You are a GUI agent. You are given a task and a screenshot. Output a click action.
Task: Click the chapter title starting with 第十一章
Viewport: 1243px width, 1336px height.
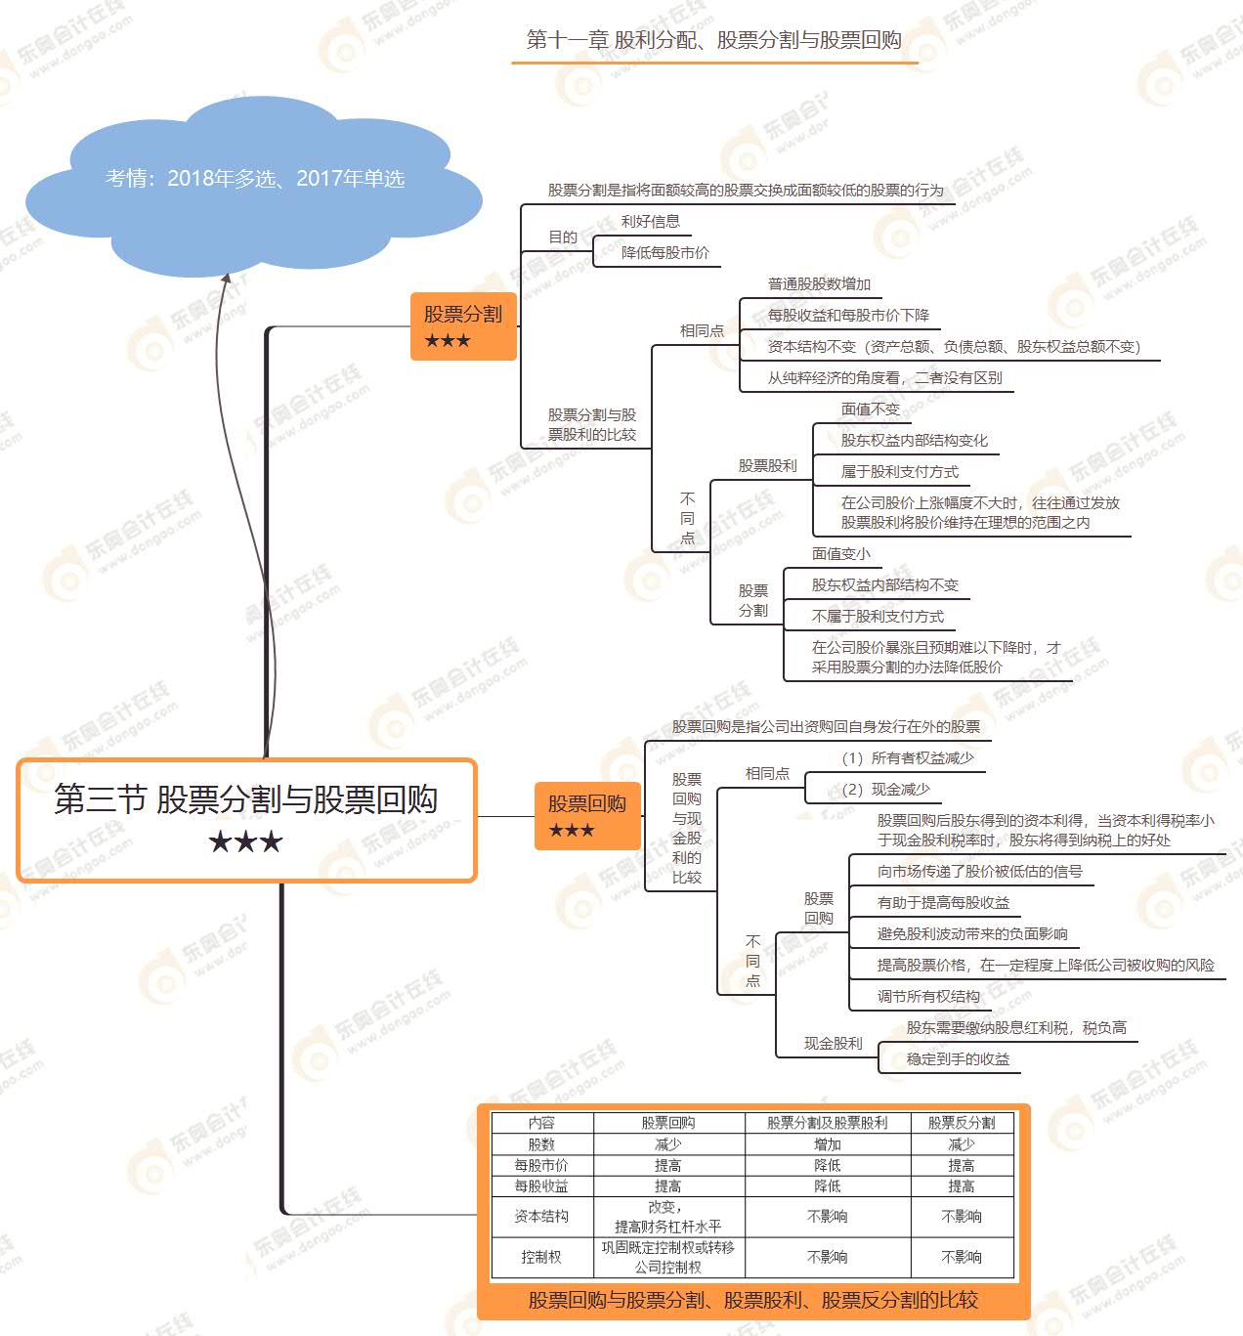click(x=713, y=40)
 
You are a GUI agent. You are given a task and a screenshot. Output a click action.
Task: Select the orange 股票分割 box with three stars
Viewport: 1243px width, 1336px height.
click(x=463, y=326)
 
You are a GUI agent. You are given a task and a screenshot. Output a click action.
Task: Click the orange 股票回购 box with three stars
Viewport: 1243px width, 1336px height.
click(x=587, y=815)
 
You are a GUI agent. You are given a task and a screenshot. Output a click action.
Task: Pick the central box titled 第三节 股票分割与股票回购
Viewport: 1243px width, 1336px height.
click(x=246, y=820)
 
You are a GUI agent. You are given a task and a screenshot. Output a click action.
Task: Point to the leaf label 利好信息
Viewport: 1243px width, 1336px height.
click(x=650, y=222)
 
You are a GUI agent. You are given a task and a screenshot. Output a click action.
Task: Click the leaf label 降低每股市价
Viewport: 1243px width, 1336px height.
click(x=665, y=253)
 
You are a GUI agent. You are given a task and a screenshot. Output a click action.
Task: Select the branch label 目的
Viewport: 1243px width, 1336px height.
click(x=562, y=237)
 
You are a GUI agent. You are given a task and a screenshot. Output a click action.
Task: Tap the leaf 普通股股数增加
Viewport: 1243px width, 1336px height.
click(x=819, y=284)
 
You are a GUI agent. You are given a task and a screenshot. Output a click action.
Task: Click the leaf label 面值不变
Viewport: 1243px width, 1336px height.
click(x=870, y=409)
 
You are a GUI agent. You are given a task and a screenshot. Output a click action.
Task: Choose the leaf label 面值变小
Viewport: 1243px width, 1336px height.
click(x=840, y=554)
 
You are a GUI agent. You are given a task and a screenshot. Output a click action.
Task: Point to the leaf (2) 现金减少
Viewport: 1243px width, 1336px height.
click(x=885, y=790)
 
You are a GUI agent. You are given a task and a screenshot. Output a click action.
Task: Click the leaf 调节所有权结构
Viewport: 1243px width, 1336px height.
click(x=928, y=997)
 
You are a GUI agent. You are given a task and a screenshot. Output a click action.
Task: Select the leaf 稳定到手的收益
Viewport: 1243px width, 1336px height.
click(x=958, y=1059)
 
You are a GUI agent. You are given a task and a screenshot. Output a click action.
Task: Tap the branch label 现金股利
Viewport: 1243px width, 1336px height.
click(x=833, y=1044)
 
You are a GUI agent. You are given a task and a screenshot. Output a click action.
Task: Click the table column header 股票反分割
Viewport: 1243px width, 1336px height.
click(x=962, y=1123)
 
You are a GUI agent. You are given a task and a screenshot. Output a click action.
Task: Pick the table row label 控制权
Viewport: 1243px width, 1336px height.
click(x=541, y=1257)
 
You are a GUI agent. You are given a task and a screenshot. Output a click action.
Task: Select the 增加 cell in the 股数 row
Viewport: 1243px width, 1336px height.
click(x=827, y=1144)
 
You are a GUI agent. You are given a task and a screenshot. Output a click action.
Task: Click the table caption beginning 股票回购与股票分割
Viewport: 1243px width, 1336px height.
click(x=752, y=1300)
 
